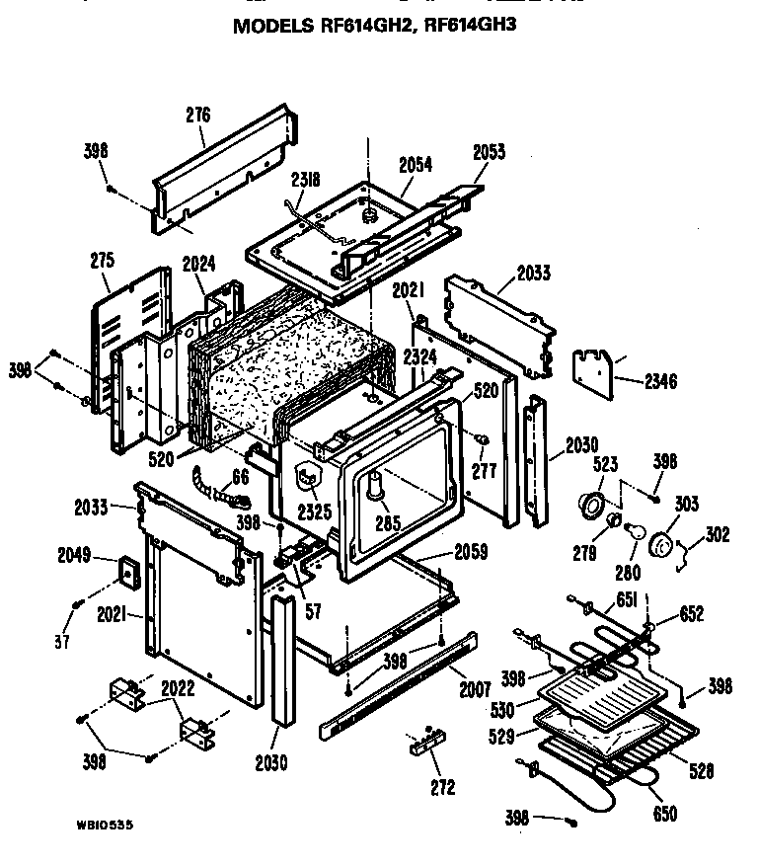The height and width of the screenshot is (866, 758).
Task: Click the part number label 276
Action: point(198,115)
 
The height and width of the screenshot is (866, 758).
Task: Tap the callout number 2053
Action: point(489,151)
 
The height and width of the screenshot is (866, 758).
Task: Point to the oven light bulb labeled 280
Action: point(637,534)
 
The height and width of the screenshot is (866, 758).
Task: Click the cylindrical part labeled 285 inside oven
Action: point(374,488)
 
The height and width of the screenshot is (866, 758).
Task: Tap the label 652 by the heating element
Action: point(692,613)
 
